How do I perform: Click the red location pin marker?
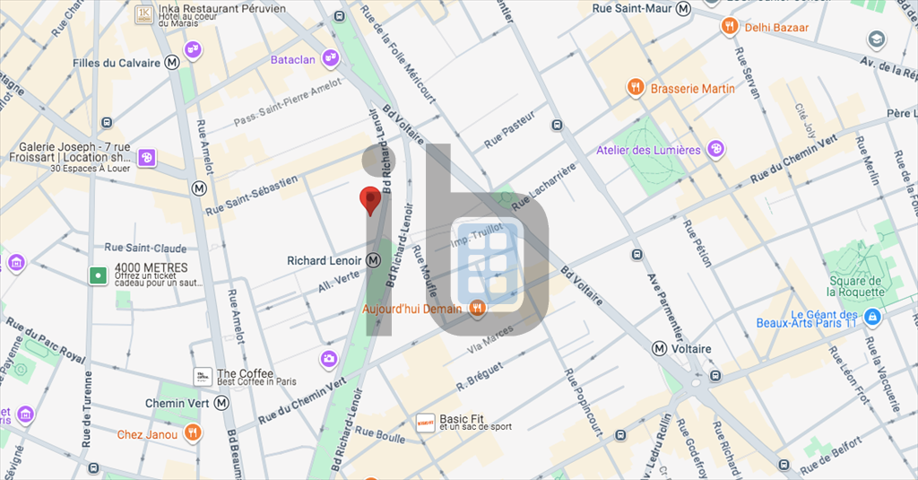(369, 200)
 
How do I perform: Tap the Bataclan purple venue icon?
(331, 58)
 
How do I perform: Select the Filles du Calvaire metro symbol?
(171, 63)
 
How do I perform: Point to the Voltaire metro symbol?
(660, 349)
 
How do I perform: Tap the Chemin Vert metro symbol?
(221, 404)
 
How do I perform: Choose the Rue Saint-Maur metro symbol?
(684, 8)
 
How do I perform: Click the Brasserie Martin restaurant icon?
(636, 88)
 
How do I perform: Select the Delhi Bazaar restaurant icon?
(731, 27)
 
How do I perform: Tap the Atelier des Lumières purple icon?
(714, 149)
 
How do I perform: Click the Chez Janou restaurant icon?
(193, 435)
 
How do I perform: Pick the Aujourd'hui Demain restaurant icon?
(477, 309)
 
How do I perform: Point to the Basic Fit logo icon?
(426, 421)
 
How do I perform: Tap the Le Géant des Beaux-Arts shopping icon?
(873, 318)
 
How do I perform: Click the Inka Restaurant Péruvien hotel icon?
(143, 14)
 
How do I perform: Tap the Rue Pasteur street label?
(509, 130)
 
